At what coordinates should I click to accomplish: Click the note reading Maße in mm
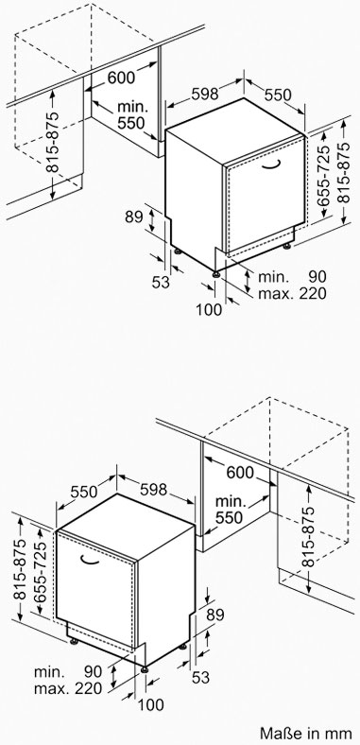coord(306,732)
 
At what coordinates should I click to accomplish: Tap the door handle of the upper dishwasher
coord(271,165)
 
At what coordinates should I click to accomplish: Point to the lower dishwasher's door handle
coord(89,561)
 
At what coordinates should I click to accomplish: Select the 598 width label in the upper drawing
coord(205,94)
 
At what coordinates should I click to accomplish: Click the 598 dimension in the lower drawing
coord(153,489)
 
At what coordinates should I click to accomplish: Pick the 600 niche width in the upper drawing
coord(121,77)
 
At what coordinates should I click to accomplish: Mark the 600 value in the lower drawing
coord(240,473)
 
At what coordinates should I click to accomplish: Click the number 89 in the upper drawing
coord(134,217)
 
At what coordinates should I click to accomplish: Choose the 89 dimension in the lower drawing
coord(214,615)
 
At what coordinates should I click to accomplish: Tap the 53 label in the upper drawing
coord(161,283)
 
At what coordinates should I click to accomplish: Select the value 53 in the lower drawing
coord(200,678)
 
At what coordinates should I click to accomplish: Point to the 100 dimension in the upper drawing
coord(209,310)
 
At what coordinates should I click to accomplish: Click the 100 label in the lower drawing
coord(150,704)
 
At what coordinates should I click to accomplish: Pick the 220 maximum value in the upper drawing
coord(313,293)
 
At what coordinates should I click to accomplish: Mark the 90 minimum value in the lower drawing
coord(94,672)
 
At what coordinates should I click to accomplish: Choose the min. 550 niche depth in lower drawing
coord(231,510)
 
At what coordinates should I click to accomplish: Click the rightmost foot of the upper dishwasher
coord(287,246)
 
